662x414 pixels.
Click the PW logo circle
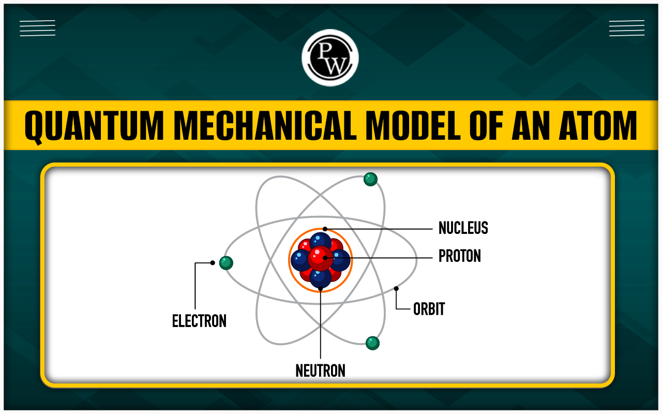330,57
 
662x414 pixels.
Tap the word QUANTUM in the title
94,126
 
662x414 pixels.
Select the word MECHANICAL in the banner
265,125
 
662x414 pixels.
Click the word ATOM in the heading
598,125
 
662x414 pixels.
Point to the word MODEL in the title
413,125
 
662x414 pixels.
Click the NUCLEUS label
463,228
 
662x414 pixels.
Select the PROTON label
460,256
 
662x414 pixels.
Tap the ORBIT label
429,309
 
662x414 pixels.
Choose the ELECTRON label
199,321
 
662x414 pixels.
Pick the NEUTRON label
320,371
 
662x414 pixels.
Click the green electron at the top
370,179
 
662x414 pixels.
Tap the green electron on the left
226,263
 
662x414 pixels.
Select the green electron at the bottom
372,343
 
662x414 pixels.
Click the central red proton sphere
320,258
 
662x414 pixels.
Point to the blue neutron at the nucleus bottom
320,278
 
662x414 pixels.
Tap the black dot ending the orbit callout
396,289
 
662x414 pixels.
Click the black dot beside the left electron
213,262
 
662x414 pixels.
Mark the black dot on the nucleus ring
325,229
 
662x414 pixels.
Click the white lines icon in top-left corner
38,28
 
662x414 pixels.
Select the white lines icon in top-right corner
627,28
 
